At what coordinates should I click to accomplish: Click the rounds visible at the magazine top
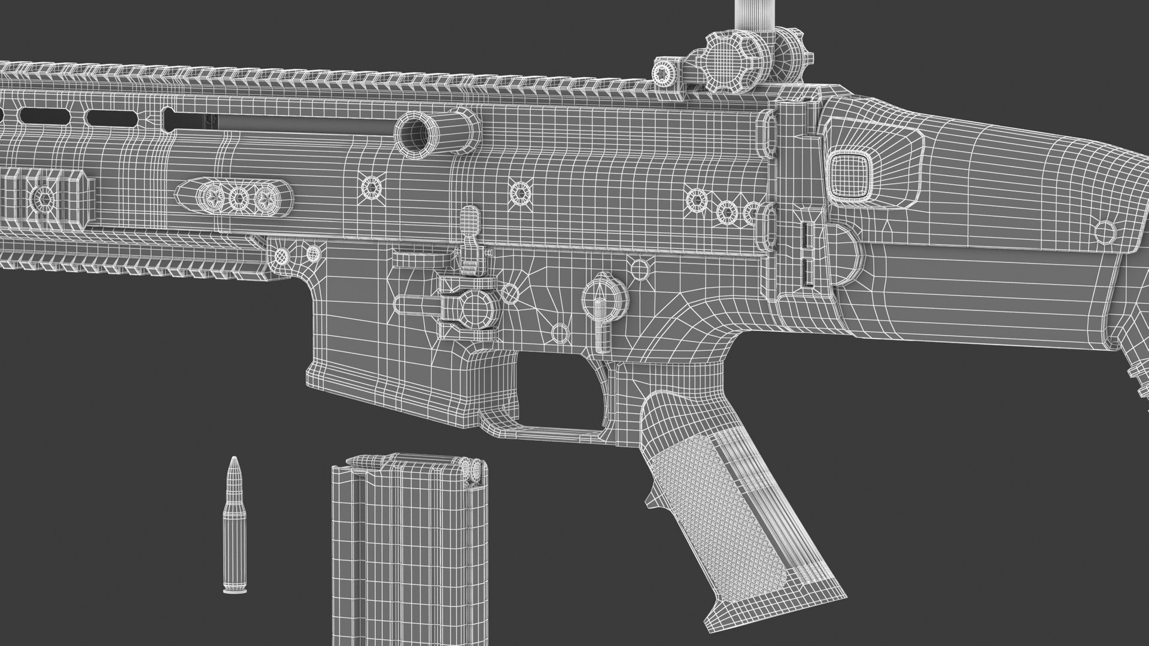(472, 470)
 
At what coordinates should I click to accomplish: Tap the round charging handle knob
(418, 132)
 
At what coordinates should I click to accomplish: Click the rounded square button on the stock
(848, 173)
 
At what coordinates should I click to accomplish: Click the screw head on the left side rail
(44, 196)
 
